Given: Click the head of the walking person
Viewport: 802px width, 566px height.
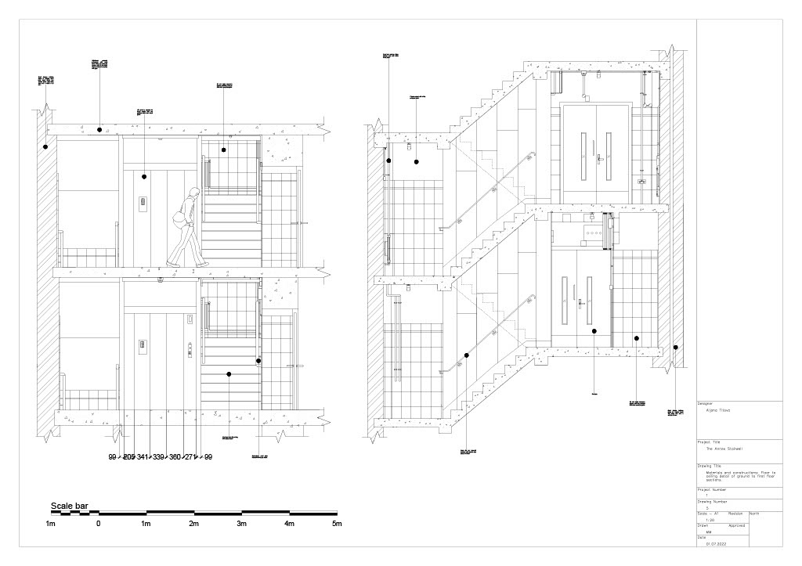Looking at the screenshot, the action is click(193, 194).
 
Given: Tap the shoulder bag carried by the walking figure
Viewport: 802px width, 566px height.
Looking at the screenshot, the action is click(179, 219).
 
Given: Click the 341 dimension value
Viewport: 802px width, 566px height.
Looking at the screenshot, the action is click(144, 457).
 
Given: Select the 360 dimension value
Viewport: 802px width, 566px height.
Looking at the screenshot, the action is click(175, 457).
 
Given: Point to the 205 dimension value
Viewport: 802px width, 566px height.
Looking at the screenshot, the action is click(128, 457).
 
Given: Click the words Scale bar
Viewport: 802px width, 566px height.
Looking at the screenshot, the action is click(70, 507).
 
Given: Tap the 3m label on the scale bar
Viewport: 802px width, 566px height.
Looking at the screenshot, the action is click(241, 524).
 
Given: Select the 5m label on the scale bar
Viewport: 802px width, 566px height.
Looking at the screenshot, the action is click(337, 524).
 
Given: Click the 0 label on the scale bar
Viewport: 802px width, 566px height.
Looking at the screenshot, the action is click(99, 524).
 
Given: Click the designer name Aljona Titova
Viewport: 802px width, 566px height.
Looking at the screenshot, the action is click(718, 410).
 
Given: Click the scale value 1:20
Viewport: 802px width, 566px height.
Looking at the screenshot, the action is click(710, 520).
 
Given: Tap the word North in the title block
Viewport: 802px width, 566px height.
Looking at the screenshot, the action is click(754, 514).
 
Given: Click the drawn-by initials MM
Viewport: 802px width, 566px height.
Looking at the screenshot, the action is click(709, 532).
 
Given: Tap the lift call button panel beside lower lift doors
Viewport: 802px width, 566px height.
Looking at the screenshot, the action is click(190, 348).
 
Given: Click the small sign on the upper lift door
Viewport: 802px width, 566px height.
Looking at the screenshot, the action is click(143, 202).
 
